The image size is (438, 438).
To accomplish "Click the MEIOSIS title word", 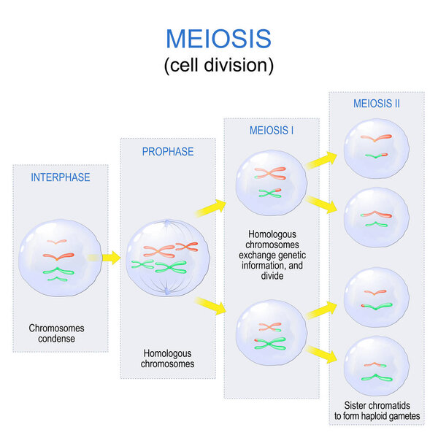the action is click(x=218, y=39).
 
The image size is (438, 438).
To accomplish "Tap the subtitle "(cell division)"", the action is click(x=219, y=66).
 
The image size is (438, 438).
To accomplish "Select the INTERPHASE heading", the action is click(x=61, y=177).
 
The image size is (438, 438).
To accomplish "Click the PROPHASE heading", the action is click(x=168, y=152).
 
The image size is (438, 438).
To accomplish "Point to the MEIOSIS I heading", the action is click(x=272, y=131).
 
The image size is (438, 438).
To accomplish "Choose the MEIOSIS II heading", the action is click(x=377, y=104).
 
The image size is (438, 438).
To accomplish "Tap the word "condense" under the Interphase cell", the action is click(x=56, y=339).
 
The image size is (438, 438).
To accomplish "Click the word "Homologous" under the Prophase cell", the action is click(x=168, y=353).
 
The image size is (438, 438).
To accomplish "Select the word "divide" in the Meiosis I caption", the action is click(x=272, y=276).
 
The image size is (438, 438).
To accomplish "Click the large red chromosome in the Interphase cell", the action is click(x=58, y=256).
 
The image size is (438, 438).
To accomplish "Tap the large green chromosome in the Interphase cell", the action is click(x=58, y=271).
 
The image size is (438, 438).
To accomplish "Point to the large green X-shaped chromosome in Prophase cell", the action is click(x=171, y=267).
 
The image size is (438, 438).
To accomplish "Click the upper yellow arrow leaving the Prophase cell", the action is click(x=210, y=208).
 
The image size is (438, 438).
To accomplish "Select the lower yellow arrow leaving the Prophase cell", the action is click(x=210, y=306).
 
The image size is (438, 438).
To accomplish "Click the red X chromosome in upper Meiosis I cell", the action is click(x=270, y=174).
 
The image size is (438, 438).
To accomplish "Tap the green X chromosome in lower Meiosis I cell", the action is click(x=270, y=344).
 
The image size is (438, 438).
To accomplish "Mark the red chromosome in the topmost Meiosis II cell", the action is click(x=376, y=138).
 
